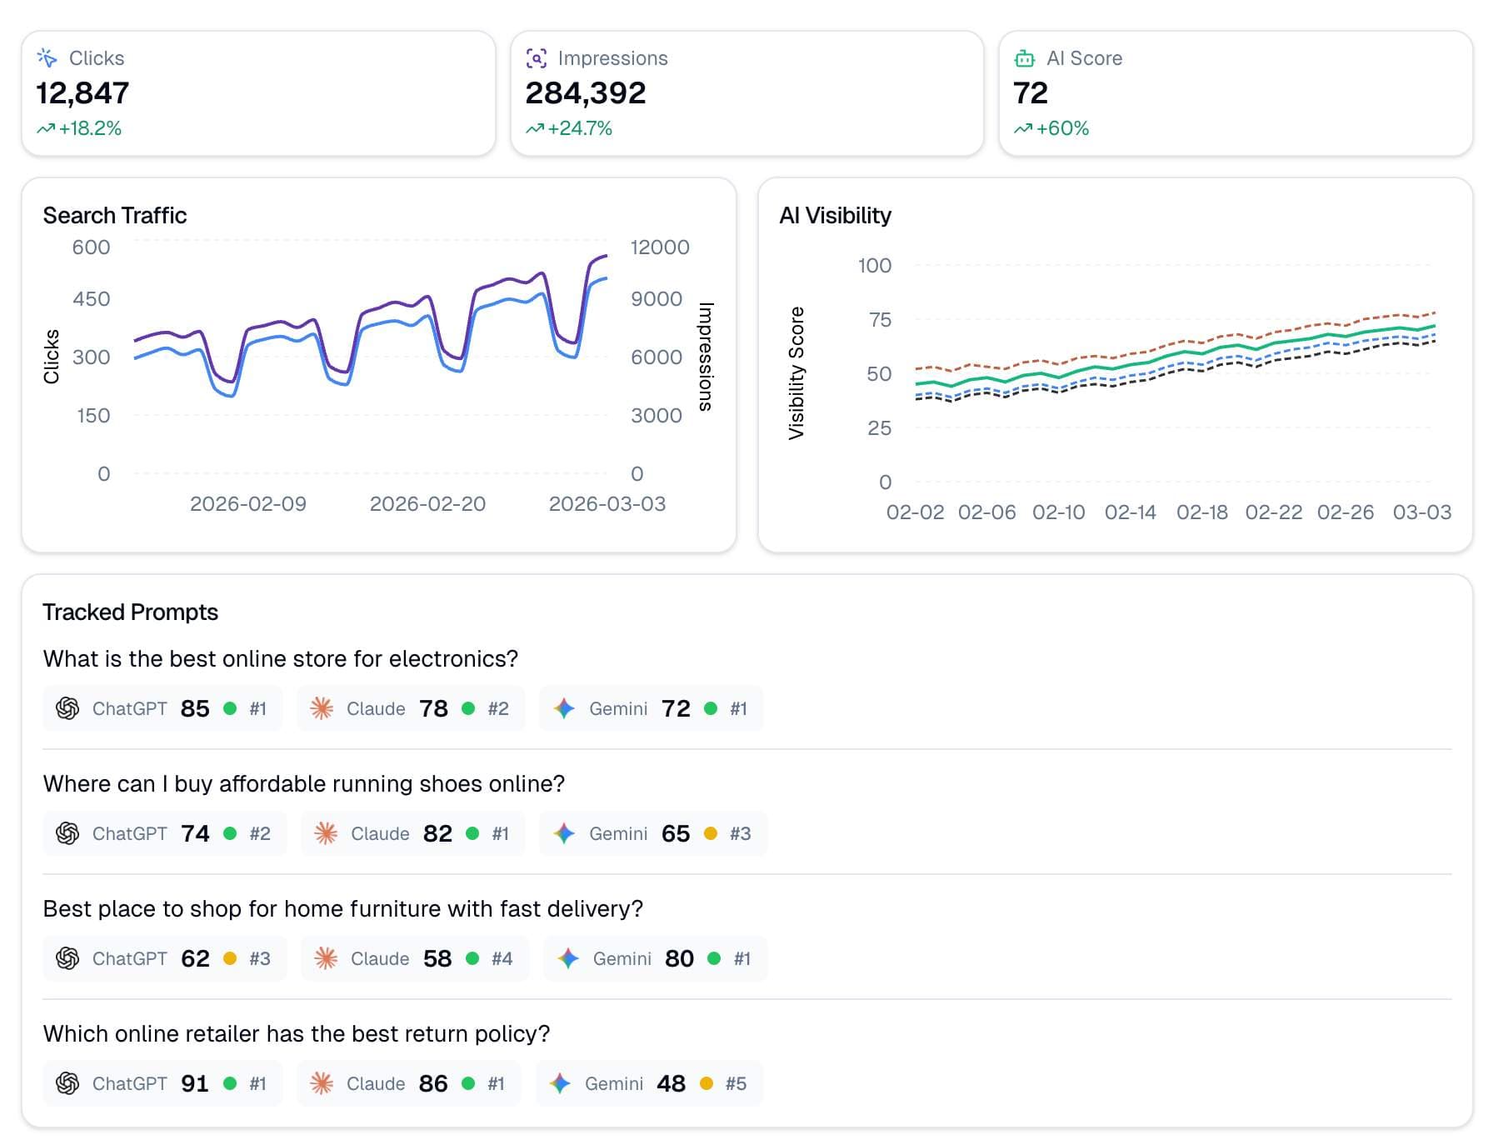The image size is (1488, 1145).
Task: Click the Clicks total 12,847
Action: pos(82,92)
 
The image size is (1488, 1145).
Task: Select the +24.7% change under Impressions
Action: pos(579,128)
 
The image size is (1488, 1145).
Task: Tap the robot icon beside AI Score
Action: pos(1024,58)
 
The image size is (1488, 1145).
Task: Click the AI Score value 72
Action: pos(1030,92)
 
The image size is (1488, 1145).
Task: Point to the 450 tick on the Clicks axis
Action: pos(91,298)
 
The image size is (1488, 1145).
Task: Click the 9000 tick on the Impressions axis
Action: pos(656,298)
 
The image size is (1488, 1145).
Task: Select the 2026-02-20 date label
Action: pos(427,503)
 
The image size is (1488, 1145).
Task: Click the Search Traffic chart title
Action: pos(115,215)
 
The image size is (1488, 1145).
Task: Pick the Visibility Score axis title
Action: pos(796,372)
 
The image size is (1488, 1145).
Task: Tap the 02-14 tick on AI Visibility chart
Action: pos(1130,512)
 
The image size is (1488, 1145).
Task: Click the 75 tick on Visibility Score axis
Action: pos(880,320)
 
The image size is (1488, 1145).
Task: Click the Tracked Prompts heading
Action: pos(130,612)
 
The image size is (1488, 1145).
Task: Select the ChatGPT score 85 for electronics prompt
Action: pos(195,708)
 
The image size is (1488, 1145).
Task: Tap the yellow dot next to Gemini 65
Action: pos(711,833)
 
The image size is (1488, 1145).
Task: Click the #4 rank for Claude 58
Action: pos(502,958)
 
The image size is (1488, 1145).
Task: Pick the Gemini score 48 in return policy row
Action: pos(671,1083)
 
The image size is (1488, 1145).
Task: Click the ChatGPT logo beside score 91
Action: pos(67,1083)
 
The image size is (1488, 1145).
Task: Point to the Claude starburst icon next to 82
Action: pos(326,833)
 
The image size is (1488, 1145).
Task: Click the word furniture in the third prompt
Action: pos(402,908)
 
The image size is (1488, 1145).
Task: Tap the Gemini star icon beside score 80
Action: pos(568,958)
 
